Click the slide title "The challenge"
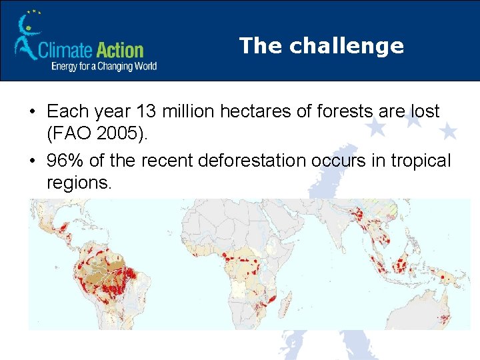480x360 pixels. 321,45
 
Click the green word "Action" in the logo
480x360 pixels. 120,50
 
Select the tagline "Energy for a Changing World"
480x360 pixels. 104,66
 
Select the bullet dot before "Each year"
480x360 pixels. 33,111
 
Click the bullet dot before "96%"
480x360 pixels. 33,161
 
